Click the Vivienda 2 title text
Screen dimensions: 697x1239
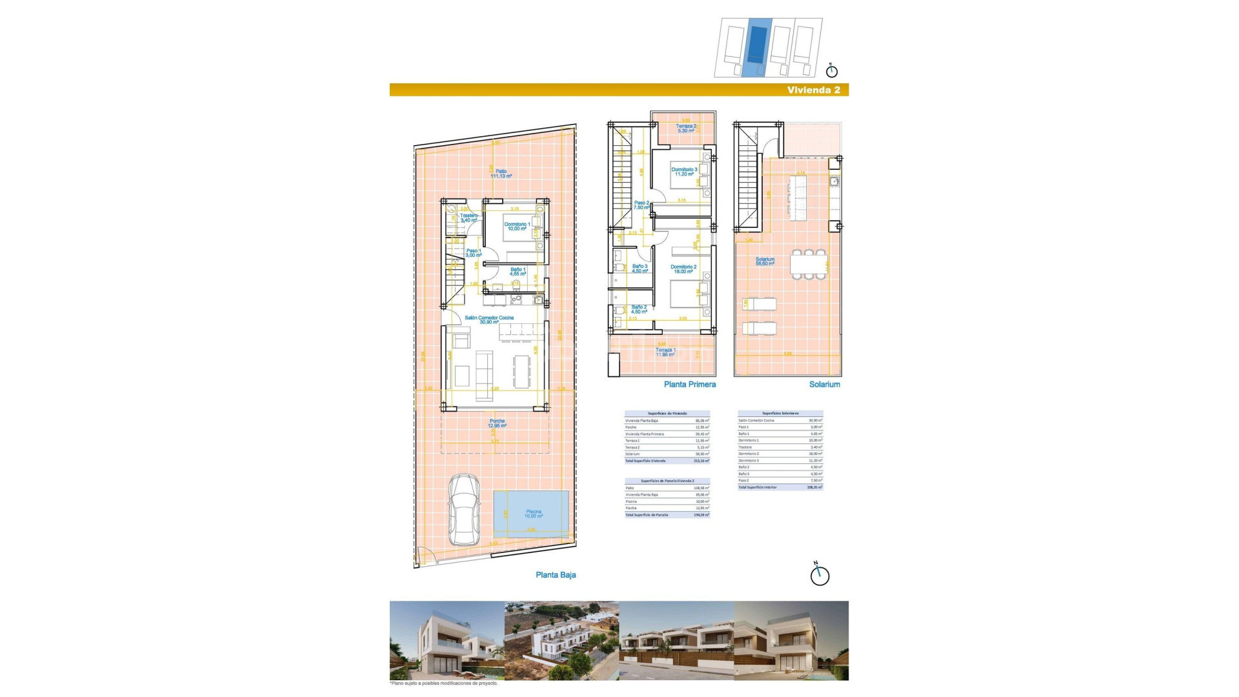tap(813, 90)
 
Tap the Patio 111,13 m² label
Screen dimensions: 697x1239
tap(501, 174)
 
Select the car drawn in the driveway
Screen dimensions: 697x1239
tap(464, 510)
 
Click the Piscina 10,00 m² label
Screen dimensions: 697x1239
tap(533, 514)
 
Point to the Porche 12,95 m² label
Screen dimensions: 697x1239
tap(497, 423)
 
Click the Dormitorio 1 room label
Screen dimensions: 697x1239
tap(517, 227)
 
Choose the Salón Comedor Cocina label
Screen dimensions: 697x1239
tap(489, 319)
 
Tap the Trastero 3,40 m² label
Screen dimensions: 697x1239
tap(468, 218)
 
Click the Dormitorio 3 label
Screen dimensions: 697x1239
tap(684, 172)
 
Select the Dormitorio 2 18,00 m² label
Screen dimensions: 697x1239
tap(683, 269)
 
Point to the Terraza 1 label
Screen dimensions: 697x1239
tap(665, 352)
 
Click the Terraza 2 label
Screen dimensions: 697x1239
tap(686, 128)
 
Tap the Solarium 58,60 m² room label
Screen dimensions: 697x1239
tap(765, 261)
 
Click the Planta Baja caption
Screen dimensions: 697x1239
tap(556, 575)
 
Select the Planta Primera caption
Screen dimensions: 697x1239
tap(689, 385)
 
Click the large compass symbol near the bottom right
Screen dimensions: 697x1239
tap(820, 575)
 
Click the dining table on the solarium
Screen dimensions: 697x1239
tap(809, 264)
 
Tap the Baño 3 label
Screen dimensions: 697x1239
tap(640, 268)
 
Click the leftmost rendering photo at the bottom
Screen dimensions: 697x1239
tap(447, 640)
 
